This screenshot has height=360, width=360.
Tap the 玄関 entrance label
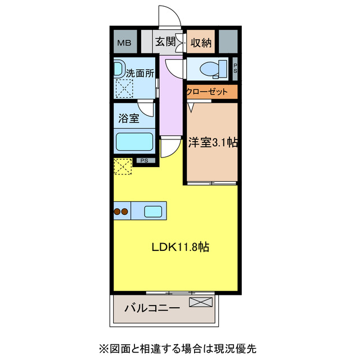point(165,42)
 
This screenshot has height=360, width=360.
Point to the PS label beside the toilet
point(235,69)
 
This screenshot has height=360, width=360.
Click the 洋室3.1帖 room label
point(212,143)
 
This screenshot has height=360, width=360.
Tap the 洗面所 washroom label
point(138,73)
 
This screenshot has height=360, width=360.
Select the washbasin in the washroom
point(119,69)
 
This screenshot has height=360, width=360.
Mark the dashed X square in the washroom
point(123,88)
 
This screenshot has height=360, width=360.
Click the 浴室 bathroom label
point(129,118)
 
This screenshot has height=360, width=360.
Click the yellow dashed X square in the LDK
point(123,167)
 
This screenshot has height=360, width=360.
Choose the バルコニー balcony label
point(152,308)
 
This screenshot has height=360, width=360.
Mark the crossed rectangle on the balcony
point(201,303)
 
